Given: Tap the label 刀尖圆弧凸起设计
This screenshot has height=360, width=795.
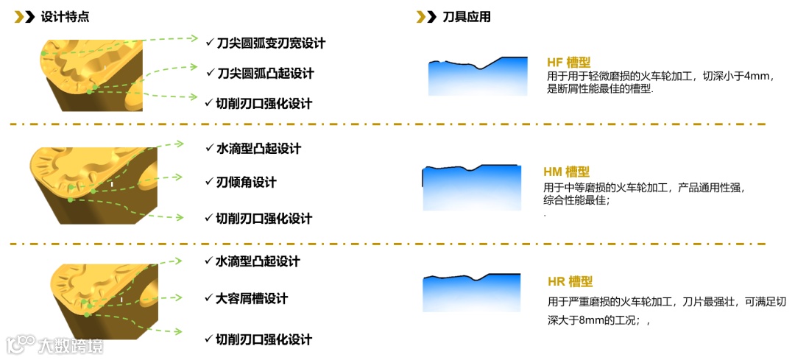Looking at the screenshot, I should (266, 74).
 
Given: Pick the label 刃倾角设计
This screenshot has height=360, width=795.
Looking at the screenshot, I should (246, 182).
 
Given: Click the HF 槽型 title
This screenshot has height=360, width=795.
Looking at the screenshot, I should (569, 63).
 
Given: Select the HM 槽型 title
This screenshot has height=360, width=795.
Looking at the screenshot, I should (566, 172).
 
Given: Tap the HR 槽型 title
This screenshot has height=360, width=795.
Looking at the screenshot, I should (570, 281).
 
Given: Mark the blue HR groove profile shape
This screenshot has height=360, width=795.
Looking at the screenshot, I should (472, 294).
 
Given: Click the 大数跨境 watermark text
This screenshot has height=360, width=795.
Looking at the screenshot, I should (70, 345).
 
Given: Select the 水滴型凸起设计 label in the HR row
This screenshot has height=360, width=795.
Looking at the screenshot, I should (257, 261).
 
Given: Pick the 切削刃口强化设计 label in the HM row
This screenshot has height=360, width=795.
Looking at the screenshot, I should (263, 219).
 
